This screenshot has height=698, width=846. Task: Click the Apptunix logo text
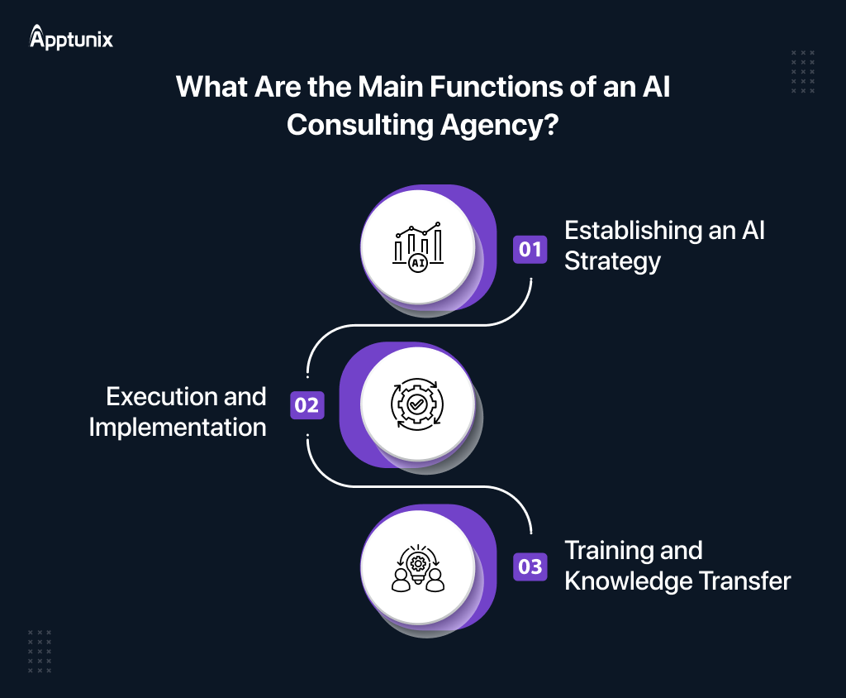click(72, 38)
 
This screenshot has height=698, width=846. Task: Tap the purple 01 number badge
click(530, 248)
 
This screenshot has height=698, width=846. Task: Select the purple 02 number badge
click(307, 405)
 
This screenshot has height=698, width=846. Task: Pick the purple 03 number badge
click(530, 567)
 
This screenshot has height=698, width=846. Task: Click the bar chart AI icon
click(418, 246)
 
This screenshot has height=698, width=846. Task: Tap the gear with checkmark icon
click(418, 404)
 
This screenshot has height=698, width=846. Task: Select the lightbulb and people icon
click(418, 567)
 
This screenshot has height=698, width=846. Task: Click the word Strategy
click(612, 262)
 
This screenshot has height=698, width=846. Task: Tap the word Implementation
click(178, 428)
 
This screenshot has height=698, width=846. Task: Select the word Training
click(610, 550)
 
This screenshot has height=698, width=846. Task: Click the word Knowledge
click(625, 581)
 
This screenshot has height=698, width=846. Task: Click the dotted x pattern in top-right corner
click(802, 71)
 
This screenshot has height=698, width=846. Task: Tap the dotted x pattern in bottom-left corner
click(40, 652)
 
